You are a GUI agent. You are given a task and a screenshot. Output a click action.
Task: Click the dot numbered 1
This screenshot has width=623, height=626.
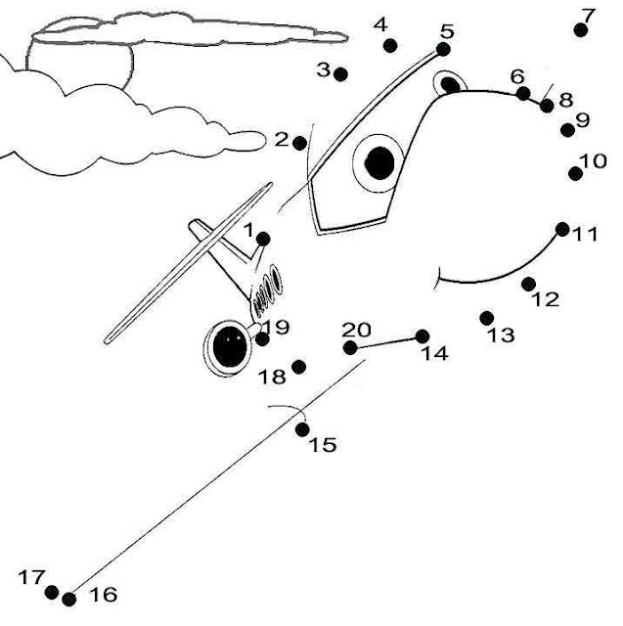click(262, 239)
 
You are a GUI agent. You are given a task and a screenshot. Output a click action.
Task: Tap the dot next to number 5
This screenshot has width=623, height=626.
click(443, 49)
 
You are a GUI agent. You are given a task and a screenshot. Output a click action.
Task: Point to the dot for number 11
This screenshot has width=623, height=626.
click(562, 229)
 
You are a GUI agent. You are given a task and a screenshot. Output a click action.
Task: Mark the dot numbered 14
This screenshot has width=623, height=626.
click(423, 336)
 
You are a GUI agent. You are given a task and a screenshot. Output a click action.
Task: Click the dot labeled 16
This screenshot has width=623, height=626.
click(68, 599)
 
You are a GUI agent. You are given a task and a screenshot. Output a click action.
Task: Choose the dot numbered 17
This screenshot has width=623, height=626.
click(52, 591)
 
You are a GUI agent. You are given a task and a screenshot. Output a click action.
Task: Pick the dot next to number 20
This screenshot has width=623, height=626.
click(350, 347)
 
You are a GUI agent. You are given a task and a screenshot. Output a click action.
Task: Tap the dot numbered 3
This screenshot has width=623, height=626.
click(340, 73)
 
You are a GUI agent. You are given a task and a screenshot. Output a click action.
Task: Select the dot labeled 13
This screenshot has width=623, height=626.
click(487, 317)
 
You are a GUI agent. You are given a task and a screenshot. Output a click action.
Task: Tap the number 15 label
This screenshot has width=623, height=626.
click(323, 446)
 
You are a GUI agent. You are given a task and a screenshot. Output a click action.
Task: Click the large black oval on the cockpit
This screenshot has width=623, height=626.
click(379, 161)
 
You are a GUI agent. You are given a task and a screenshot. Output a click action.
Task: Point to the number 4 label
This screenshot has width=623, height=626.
click(380, 24)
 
